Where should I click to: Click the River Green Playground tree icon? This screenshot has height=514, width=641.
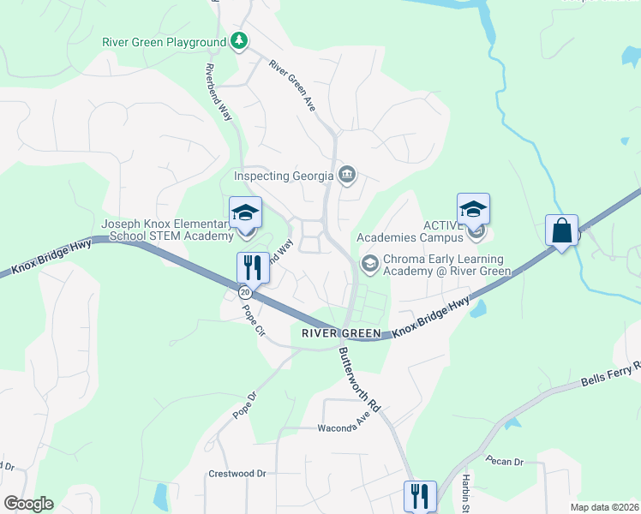239,41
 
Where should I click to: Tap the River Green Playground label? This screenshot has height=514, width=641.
164,41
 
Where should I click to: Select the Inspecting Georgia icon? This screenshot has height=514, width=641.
347,176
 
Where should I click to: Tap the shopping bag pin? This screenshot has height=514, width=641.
561,231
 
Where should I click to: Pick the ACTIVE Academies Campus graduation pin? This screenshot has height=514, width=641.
473,211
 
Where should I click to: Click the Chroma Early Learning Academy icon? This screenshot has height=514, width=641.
369,263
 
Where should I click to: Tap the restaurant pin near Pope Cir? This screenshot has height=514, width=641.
253,267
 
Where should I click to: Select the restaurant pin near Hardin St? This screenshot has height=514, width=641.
420,496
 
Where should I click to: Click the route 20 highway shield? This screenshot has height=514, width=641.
245,293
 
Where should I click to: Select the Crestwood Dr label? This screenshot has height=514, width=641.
237,473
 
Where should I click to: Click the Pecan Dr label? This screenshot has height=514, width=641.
505,462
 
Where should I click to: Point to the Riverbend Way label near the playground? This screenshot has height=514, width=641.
219,90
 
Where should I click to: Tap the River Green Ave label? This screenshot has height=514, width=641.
293,84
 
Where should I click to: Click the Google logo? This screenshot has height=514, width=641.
28,504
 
